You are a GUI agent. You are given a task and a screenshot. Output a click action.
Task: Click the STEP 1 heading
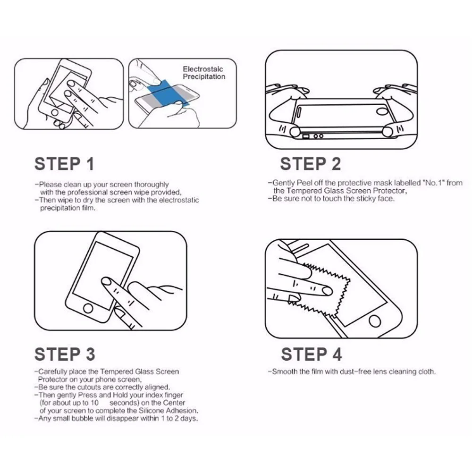tap(64, 164)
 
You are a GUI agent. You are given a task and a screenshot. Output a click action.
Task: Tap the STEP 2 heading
tap(311, 164)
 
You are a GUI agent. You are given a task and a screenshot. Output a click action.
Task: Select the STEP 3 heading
tap(65, 354)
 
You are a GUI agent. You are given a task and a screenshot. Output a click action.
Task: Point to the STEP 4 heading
tap(312, 354)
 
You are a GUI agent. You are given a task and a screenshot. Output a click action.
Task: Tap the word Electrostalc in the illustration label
tap(203, 69)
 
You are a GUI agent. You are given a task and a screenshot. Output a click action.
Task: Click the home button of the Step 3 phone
tap(88, 308)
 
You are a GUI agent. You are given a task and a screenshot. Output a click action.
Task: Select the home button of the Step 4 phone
tap(374, 321)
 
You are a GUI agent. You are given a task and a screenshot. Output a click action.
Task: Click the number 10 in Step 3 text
tap(94, 403)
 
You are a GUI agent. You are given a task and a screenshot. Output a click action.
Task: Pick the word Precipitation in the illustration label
tap(204, 77)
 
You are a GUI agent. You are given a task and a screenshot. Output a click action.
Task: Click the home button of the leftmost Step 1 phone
tap(55, 113)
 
